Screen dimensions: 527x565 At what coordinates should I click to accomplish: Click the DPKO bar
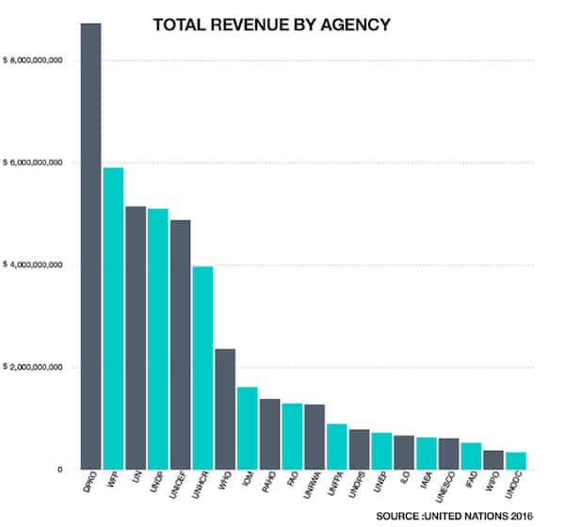[x=90, y=245]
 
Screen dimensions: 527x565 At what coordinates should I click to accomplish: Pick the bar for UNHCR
[x=203, y=367]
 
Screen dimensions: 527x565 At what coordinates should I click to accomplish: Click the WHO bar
[x=226, y=408]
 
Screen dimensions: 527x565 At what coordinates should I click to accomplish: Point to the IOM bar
[x=248, y=427]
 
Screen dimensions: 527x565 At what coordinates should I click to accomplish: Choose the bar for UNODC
[x=516, y=460]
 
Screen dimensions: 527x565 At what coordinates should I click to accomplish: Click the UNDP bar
[x=158, y=339]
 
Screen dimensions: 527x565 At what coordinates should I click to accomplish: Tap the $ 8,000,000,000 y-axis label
[x=34, y=60]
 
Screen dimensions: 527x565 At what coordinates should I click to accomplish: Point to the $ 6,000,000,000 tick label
[x=34, y=163]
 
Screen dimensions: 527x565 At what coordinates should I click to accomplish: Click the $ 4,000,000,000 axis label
[x=34, y=264]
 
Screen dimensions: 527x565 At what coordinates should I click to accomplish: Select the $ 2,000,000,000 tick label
[x=34, y=367]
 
